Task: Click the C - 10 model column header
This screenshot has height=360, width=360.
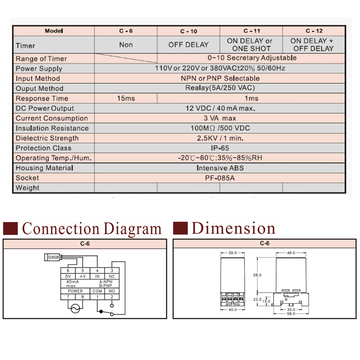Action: click(x=189, y=31)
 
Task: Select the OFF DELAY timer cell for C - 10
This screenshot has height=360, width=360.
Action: click(x=189, y=45)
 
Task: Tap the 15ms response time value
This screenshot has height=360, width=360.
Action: click(x=126, y=99)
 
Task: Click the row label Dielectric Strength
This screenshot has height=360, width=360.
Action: click(x=47, y=138)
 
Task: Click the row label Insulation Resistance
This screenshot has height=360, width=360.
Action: click(x=52, y=128)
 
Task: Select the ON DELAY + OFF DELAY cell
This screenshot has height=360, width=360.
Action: click(x=314, y=45)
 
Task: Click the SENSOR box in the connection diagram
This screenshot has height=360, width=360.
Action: click(x=53, y=257)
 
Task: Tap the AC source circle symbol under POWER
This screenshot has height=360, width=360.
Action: click(x=75, y=308)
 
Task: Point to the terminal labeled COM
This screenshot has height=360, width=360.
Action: click(x=97, y=291)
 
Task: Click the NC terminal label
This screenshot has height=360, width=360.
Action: click(x=112, y=276)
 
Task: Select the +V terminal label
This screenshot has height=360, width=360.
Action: click(x=82, y=276)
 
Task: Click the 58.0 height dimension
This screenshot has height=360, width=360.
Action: click(x=257, y=274)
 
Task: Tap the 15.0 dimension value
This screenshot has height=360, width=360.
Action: click(x=267, y=301)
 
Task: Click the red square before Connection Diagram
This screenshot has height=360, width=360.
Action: click(x=10, y=228)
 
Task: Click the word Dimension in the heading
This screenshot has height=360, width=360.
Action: click(x=233, y=228)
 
